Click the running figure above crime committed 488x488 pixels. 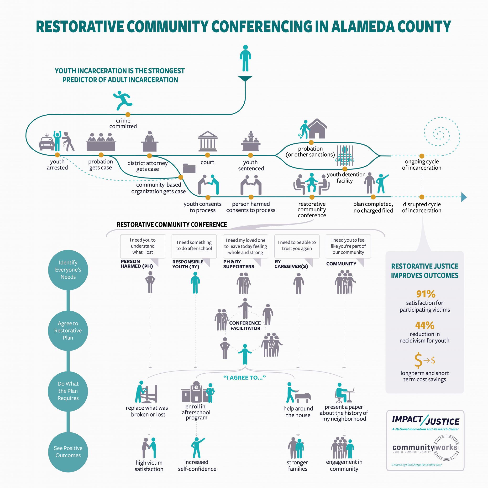click(123, 100)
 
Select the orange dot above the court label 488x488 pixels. click(207, 155)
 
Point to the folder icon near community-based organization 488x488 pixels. click(189, 168)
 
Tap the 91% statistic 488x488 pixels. click(425, 294)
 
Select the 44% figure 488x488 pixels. click(425, 325)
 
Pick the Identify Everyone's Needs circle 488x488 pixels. click(68, 270)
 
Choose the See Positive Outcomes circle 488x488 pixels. click(68, 452)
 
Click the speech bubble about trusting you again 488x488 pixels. click(297, 246)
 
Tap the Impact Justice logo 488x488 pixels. click(425, 421)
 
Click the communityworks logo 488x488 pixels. click(425, 447)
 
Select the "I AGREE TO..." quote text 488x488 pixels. click(244, 378)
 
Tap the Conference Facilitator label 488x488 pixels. click(245, 325)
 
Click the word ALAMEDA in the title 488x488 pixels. click(362, 26)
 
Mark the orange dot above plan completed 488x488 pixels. click(373, 197)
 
